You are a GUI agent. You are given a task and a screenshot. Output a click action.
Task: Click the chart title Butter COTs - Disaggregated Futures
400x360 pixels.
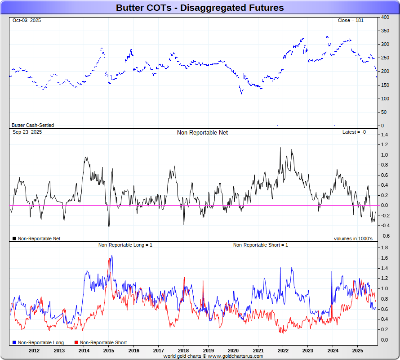[200, 8]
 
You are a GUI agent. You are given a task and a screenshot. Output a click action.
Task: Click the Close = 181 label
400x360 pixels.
[351, 21]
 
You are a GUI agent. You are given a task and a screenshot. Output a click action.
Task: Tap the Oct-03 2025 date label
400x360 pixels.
[27, 21]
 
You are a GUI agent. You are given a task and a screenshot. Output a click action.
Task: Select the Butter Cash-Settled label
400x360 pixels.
[32, 125]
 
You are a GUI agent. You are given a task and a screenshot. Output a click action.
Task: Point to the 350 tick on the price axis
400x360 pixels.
[385, 31]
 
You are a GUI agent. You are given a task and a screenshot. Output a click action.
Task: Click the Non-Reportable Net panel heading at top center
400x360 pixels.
[202, 133]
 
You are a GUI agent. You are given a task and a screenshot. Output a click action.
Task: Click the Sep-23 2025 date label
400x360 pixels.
[27, 132]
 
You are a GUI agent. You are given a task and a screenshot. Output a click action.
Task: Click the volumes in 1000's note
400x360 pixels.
[353, 238]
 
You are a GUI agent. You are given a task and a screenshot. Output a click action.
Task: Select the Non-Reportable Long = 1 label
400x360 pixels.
[125, 245]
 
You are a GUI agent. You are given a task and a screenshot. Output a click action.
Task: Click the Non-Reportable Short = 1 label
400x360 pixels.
[261, 245]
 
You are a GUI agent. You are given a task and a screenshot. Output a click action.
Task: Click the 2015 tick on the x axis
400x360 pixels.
[108, 350]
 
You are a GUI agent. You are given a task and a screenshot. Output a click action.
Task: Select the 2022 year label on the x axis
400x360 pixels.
[283, 350]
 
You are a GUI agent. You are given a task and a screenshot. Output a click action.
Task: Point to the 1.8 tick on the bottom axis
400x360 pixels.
[385, 248]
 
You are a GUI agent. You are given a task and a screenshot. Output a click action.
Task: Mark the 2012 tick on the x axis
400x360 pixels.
[34, 350]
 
